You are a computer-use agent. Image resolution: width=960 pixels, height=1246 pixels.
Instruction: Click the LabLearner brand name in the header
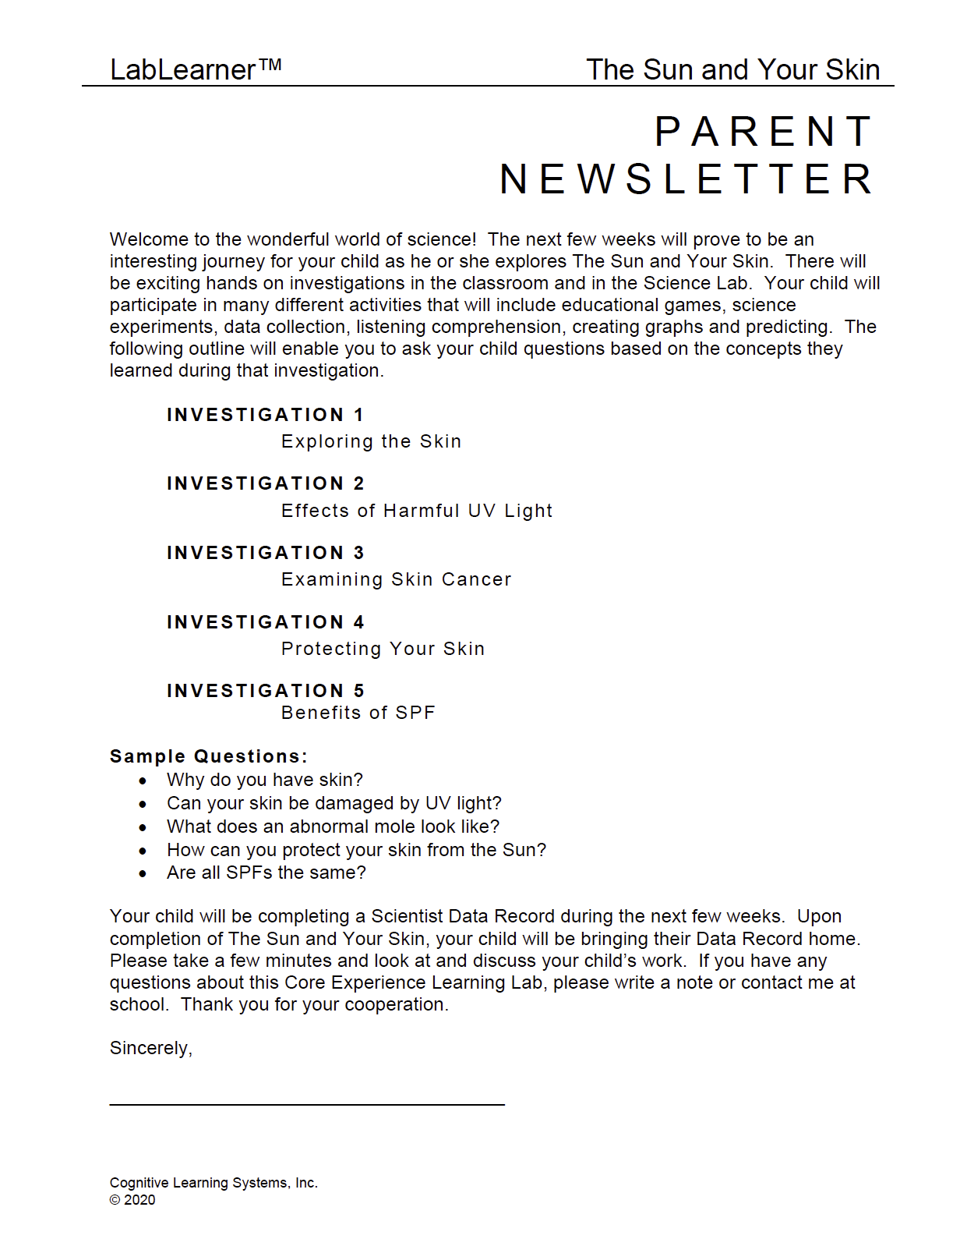[195, 69]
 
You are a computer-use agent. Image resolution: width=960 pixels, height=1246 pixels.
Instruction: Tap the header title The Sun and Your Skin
[732, 69]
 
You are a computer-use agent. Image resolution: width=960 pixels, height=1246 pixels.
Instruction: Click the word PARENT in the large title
[764, 131]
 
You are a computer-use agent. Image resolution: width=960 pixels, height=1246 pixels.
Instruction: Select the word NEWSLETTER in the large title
[686, 179]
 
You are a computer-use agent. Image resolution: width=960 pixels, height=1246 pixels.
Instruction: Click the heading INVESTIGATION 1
[265, 415]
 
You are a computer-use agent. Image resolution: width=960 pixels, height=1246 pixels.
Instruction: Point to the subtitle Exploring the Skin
[371, 441]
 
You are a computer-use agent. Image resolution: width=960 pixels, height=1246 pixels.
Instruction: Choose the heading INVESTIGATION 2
[265, 483]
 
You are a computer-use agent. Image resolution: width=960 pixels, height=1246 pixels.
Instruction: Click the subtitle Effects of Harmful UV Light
[417, 511]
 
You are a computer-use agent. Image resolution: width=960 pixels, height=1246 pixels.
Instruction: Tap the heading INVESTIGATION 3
[265, 553]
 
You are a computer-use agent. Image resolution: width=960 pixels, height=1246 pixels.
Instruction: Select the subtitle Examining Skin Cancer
[396, 579]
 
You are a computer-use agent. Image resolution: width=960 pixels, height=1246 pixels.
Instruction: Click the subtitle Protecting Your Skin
[383, 649]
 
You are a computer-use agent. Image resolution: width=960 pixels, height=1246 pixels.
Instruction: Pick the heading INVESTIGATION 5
[265, 691]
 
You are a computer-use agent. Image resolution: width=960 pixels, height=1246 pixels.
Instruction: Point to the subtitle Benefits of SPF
[358, 713]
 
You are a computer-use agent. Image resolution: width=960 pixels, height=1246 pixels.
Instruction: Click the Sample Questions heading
[208, 756]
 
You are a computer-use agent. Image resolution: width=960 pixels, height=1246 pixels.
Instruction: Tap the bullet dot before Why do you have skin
[143, 781]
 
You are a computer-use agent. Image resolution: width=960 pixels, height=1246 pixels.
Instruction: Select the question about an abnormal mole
[333, 827]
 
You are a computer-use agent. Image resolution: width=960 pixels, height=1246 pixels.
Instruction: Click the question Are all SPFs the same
[266, 873]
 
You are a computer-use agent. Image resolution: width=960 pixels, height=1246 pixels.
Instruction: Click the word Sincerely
[150, 1048]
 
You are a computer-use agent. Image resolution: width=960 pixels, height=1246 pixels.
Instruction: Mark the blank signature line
[307, 1103]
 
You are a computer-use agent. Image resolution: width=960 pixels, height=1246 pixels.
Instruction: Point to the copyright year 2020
[139, 1200]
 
